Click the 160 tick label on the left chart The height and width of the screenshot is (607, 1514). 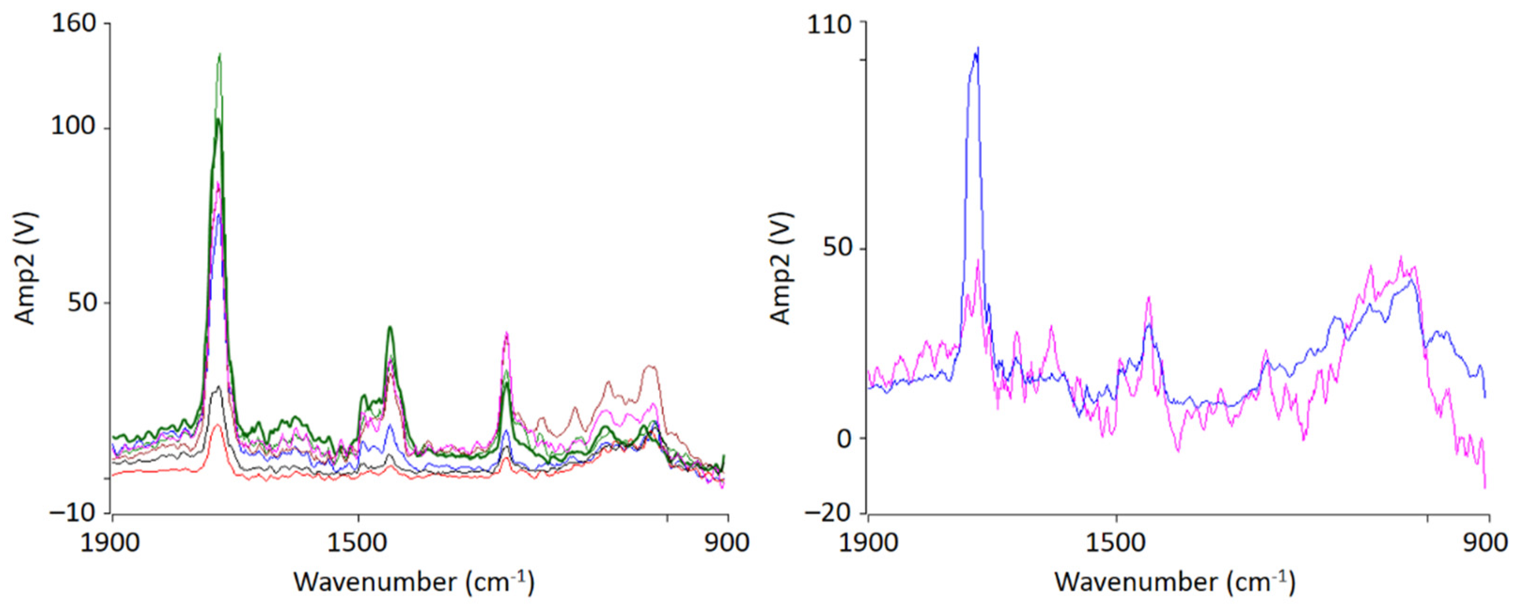(x=73, y=24)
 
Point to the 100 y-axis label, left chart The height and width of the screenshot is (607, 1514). (x=73, y=127)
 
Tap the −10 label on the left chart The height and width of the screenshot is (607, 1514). (x=72, y=513)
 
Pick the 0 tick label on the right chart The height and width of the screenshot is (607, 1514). (x=844, y=439)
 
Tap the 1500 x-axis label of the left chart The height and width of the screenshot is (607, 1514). (x=359, y=542)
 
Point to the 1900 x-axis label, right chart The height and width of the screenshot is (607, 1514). (x=868, y=542)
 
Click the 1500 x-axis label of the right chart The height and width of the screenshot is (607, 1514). (x=1116, y=542)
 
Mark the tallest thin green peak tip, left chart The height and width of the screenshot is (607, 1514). (x=220, y=54)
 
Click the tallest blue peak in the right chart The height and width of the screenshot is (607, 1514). (x=978, y=48)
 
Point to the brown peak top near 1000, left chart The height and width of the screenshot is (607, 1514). (x=649, y=366)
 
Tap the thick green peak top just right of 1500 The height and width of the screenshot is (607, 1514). (x=390, y=327)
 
